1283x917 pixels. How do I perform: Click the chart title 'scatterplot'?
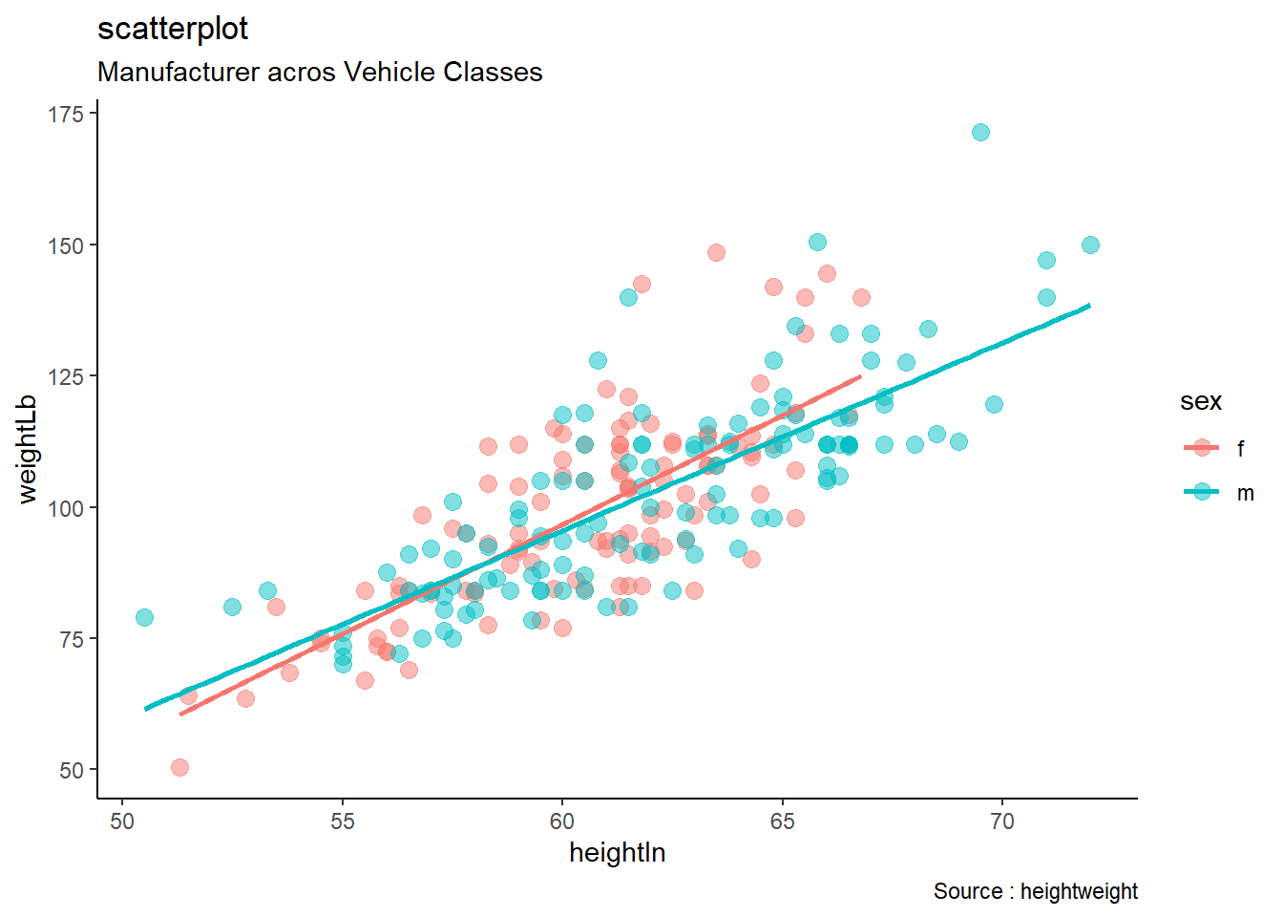click(x=173, y=30)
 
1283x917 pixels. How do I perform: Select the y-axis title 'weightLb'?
click(x=28, y=448)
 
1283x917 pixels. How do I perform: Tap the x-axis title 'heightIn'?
click(x=617, y=852)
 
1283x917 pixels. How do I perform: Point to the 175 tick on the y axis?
click(x=66, y=115)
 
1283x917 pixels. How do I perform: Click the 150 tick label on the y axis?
click(x=66, y=245)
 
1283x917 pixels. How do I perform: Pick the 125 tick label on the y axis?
click(x=66, y=376)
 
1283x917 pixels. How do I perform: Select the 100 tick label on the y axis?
click(x=66, y=508)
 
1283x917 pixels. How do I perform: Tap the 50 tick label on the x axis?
click(x=122, y=821)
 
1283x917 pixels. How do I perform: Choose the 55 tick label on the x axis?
click(x=342, y=821)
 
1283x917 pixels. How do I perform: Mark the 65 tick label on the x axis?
click(x=782, y=821)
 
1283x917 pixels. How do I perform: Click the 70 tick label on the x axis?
click(x=1001, y=821)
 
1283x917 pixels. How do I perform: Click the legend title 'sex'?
click(x=1200, y=402)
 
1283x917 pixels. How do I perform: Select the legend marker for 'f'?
click(x=1202, y=448)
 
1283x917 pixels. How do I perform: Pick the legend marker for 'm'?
click(x=1202, y=493)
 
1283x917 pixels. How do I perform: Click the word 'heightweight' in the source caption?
click(x=1079, y=891)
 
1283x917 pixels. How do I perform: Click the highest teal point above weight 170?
click(x=980, y=132)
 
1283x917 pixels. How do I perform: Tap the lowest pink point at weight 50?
click(x=179, y=767)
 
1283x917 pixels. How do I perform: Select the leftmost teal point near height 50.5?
click(x=144, y=617)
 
